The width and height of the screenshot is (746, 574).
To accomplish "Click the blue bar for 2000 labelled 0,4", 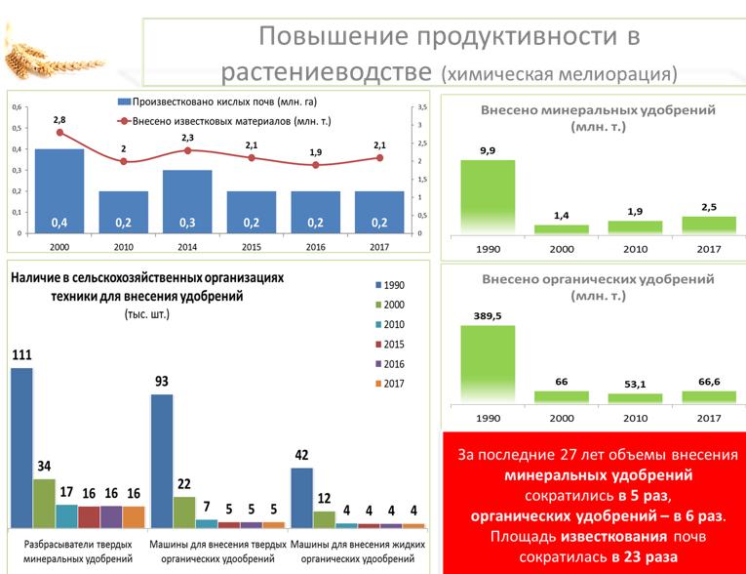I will (59, 191).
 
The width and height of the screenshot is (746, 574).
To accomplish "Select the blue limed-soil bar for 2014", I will (187, 202).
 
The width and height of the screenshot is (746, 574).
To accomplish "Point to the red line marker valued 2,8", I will (59, 133).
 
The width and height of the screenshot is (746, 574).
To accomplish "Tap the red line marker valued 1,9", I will (315, 165).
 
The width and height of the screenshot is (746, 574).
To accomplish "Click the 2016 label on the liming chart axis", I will (315, 247).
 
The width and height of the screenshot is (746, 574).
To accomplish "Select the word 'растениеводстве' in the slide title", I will (327, 71).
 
